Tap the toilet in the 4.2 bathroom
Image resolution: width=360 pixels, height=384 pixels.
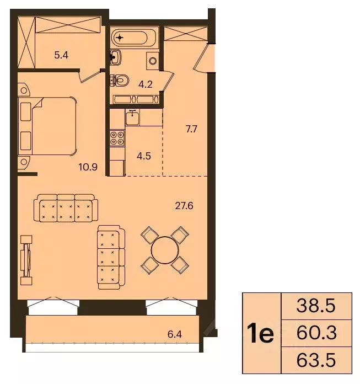click(120, 81)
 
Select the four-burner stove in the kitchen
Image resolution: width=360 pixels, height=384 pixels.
click(116, 137)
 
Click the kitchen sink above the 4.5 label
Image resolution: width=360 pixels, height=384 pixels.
click(132, 118)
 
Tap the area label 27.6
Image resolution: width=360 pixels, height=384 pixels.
click(184, 206)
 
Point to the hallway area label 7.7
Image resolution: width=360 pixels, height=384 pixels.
click(191, 130)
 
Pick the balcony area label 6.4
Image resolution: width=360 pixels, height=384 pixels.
click(174, 333)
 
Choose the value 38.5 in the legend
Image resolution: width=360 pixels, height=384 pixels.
click(316, 305)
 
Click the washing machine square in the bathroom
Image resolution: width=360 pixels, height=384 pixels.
click(153, 60)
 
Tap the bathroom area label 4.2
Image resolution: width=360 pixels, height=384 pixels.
click(145, 85)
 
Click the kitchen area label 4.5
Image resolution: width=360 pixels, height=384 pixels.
click(144, 155)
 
